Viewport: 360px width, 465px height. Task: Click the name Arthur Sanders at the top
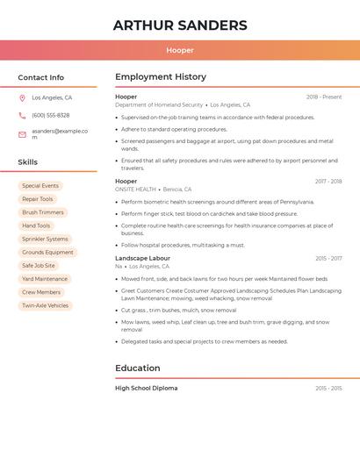pos(180,25)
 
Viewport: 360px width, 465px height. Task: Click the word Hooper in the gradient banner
pos(180,50)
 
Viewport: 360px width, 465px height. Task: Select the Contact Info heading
pos(41,77)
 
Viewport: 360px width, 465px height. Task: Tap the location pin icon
pos(22,97)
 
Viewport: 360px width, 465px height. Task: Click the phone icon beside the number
pos(22,115)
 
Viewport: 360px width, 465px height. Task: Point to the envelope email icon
pos(22,134)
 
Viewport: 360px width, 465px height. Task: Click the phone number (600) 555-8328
pos(50,115)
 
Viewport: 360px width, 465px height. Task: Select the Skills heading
pos(28,162)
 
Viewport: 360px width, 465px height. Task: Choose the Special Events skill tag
pos(40,186)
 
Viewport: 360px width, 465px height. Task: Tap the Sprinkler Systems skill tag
pos(45,239)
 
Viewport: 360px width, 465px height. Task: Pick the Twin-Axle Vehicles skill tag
pos(45,305)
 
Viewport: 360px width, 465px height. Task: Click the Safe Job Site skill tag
pos(39,266)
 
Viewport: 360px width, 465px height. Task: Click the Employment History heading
pos(161,77)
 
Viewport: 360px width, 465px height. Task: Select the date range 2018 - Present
pos(324,97)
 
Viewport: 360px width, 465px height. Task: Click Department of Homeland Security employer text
pos(159,104)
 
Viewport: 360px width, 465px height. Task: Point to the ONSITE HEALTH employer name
pos(135,190)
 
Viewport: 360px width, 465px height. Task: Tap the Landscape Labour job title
pos(142,259)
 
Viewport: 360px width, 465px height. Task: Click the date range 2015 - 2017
pos(328,259)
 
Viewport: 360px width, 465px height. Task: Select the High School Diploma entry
pos(146,388)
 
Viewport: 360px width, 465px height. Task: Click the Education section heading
pos(138,368)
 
